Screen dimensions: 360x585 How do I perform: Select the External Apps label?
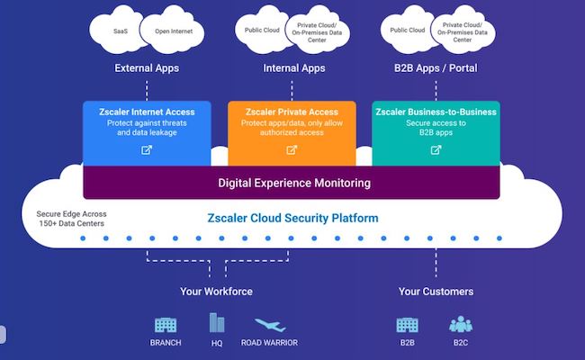coord(146,67)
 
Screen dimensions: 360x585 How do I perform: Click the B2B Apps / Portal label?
coord(435,67)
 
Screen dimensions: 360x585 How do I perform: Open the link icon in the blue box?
coord(147,149)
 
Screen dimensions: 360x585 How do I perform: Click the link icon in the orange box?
coord(291,149)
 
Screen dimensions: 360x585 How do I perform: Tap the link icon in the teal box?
coord(436,149)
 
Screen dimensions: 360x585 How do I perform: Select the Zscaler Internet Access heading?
coord(147,112)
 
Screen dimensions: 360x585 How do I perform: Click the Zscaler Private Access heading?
coord(291,112)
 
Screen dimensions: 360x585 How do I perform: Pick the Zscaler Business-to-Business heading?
coord(436,112)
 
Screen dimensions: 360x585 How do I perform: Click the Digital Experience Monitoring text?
coord(294,184)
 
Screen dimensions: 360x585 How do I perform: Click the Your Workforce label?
coord(216,292)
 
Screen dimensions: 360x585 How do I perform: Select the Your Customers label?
coord(436,292)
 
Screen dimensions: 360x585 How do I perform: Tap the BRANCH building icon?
coord(166,324)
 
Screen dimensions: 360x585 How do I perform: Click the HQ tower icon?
coord(216,322)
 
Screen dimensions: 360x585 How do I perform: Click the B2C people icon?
coord(461,324)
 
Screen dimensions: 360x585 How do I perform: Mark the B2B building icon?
coord(407,324)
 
